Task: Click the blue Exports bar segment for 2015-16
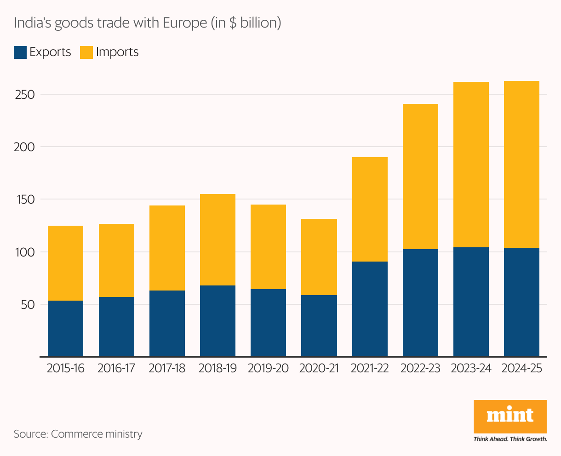click(x=65, y=328)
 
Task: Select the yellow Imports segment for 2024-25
click(x=521, y=164)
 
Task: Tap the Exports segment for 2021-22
click(x=370, y=309)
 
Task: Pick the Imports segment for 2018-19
click(x=218, y=239)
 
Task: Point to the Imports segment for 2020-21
click(x=319, y=256)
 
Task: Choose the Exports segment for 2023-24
click(x=471, y=302)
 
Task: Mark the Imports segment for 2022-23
click(x=420, y=177)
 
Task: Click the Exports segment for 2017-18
click(x=167, y=323)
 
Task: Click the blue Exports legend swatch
click(x=20, y=52)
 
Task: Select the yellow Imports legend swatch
click(x=86, y=52)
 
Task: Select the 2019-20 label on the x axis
click(x=268, y=369)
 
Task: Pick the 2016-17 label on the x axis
click(x=116, y=369)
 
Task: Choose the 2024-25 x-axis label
click(x=521, y=369)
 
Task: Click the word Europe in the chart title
click(x=185, y=23)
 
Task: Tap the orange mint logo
click(x=510, y=416)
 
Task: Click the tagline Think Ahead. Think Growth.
click(x=510, y=439)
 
